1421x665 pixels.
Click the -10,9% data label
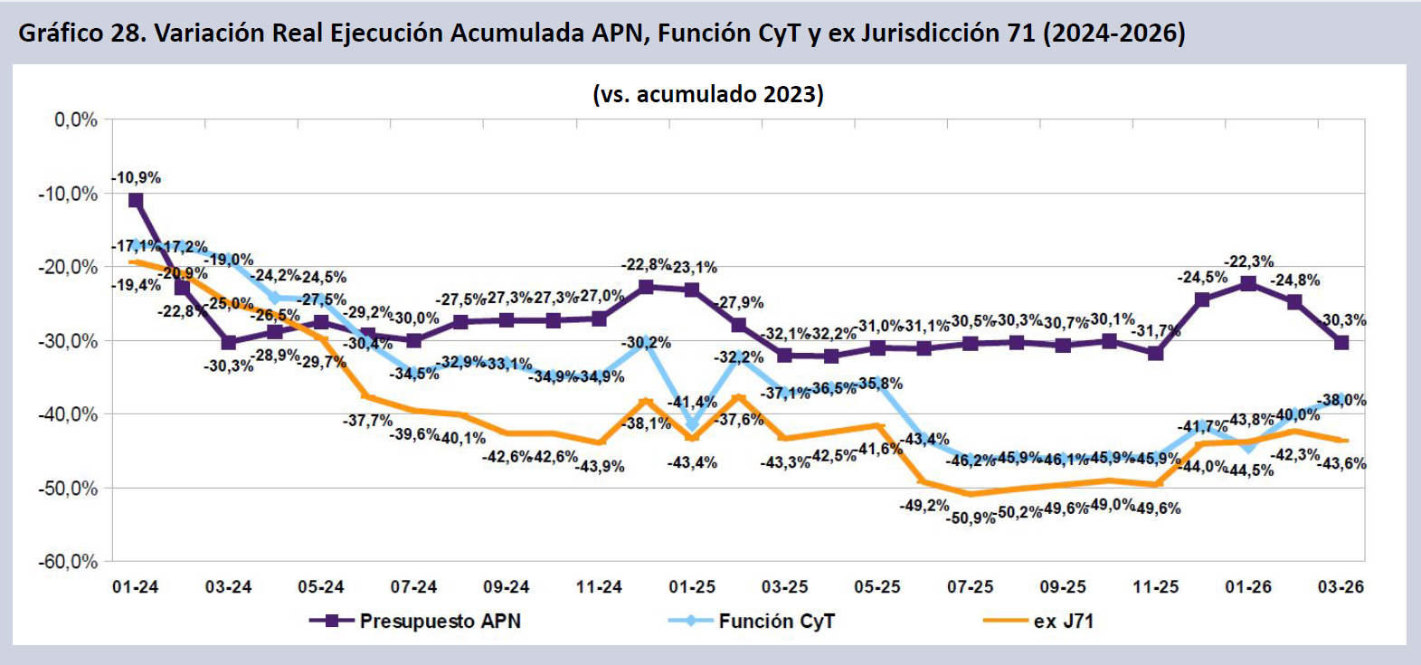click(137, 177)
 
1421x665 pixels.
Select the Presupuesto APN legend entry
click(416, 622)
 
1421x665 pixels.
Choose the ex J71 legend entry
click(1040, 622)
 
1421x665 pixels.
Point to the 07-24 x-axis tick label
click(413, 587)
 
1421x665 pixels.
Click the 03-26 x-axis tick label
click(1340, 587)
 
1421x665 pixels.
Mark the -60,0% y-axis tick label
click(68, 562)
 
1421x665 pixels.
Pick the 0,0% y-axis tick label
click(76, 119)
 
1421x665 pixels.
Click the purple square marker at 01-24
click(136, 200)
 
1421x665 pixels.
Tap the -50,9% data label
click(971, 518)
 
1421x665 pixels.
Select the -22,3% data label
click(1248, 261)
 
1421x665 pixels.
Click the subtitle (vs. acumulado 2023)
click(708, 94)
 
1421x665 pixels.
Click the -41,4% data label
click(692, 402)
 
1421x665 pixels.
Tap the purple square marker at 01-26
click(1248, 283)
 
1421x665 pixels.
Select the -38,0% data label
click(1341, 400)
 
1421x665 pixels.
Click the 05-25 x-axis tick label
click(877, 587)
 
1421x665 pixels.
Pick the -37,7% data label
click(367, 421)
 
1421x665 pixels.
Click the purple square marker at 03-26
click(1341, 342)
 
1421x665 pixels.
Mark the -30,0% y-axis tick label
click(68, 341)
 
